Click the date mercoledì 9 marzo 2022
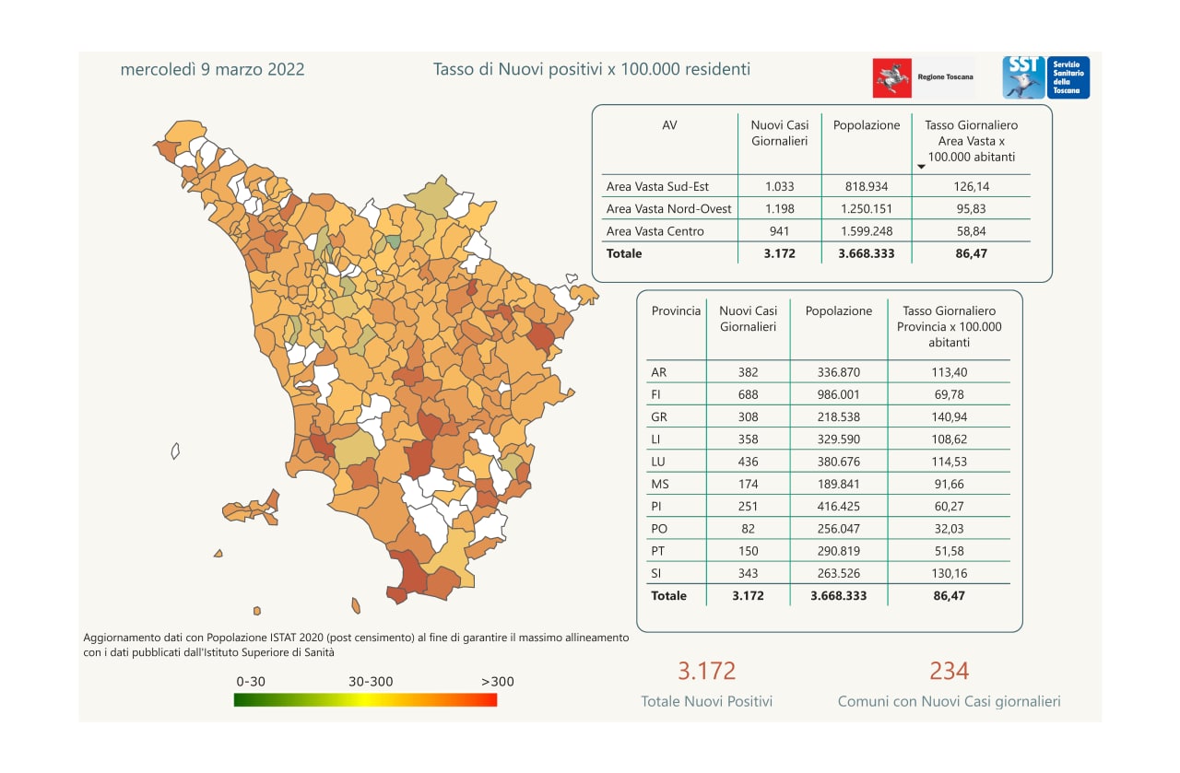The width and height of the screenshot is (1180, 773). coord(212,69)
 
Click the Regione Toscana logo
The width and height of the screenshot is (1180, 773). coord(923,77)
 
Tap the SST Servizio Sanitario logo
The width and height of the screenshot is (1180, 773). coord(1045,77)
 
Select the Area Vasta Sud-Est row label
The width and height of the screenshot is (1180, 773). coord(657,186)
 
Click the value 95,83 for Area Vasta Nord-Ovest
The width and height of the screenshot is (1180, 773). coord(972,208)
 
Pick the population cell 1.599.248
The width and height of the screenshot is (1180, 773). coord(866,230)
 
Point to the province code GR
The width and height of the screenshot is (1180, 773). coord(659,416)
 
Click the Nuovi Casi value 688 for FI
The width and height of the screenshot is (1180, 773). coord(748,394)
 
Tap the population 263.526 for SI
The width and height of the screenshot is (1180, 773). coord(838,573)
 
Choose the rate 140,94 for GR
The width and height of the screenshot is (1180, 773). coord(949,416)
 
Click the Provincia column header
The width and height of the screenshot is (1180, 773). coord(676,311)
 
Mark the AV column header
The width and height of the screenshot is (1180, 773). coord(669,125)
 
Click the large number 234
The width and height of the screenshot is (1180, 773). coord(949,670)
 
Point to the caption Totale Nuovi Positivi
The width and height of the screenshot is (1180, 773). coord(706,701)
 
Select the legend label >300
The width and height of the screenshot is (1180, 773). coord(498,682)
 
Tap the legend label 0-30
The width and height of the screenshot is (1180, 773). coord(252,682)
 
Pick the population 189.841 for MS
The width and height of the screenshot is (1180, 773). coord(838,484)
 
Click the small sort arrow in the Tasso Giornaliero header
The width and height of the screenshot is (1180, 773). coord(921,168)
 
